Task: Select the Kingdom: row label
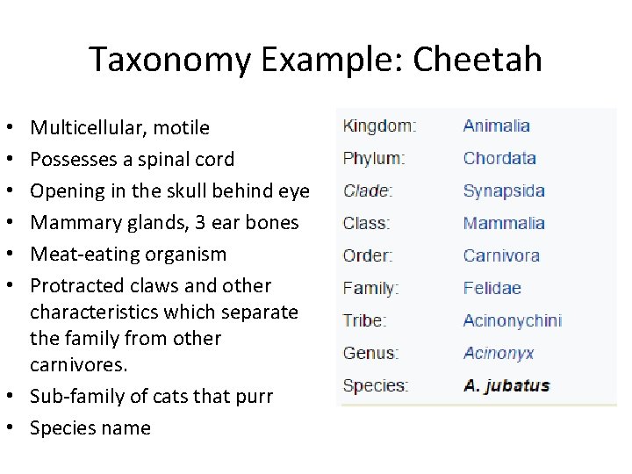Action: pos(379,126)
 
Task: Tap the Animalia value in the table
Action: pos(496,126)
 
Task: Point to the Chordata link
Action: pos(499,158)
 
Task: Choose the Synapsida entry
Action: pos(504,190)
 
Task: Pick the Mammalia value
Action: pos(504,223)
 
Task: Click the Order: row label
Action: pos(368,255)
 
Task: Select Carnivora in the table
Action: pos(501,255)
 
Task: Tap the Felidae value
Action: pos(492,288)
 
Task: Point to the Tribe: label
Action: pos(365,320)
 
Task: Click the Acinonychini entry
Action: pos(512,320)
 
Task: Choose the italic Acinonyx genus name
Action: pos(498,353)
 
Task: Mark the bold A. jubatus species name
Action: pos(506,385)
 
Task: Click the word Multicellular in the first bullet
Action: pos(88,128)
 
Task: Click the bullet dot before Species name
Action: pos(18,428)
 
